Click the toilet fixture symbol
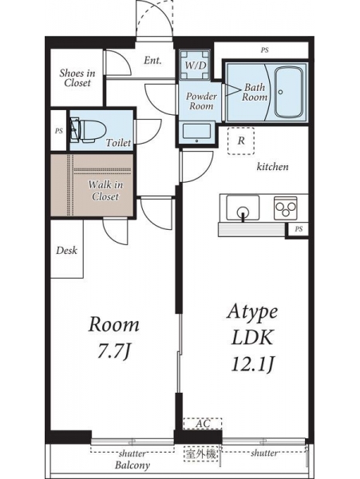pyautogui.click(x=88, y=131)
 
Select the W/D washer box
pyautogui.click(x=196, y=65)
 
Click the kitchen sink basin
pyautogui.click(x=243, y=207)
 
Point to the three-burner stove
pyautogui.click(x=286, y=208)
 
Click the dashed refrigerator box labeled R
pyautogui.click(x=241, y=141)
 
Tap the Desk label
pyautogui.click(x=66, y=251)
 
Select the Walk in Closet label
pyautogui.click(x=105, y=190)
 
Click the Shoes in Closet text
pyautogui.click(x=77, y=78)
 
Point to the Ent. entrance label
pyautogui.click(x=152, y=60)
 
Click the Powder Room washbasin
pyautogui.click(x=196, y=133)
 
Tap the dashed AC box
pyautogui.click(x=203, y=424)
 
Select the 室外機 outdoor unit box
pyautogui.click(x=201, y=453)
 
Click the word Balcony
pyautogui.click(x=133, y=465)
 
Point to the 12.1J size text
pyautogui.click(x=252, y=364)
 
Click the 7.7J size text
pyautogui.click(x=113, y=351)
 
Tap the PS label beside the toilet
pyautogui.click(x=58, y=131)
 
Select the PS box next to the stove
pyautogui.click(x=298, y=228)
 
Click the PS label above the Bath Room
pyautogui.click(x=264, y=50)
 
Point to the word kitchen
pyautogui.click(x=272, y=167)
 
